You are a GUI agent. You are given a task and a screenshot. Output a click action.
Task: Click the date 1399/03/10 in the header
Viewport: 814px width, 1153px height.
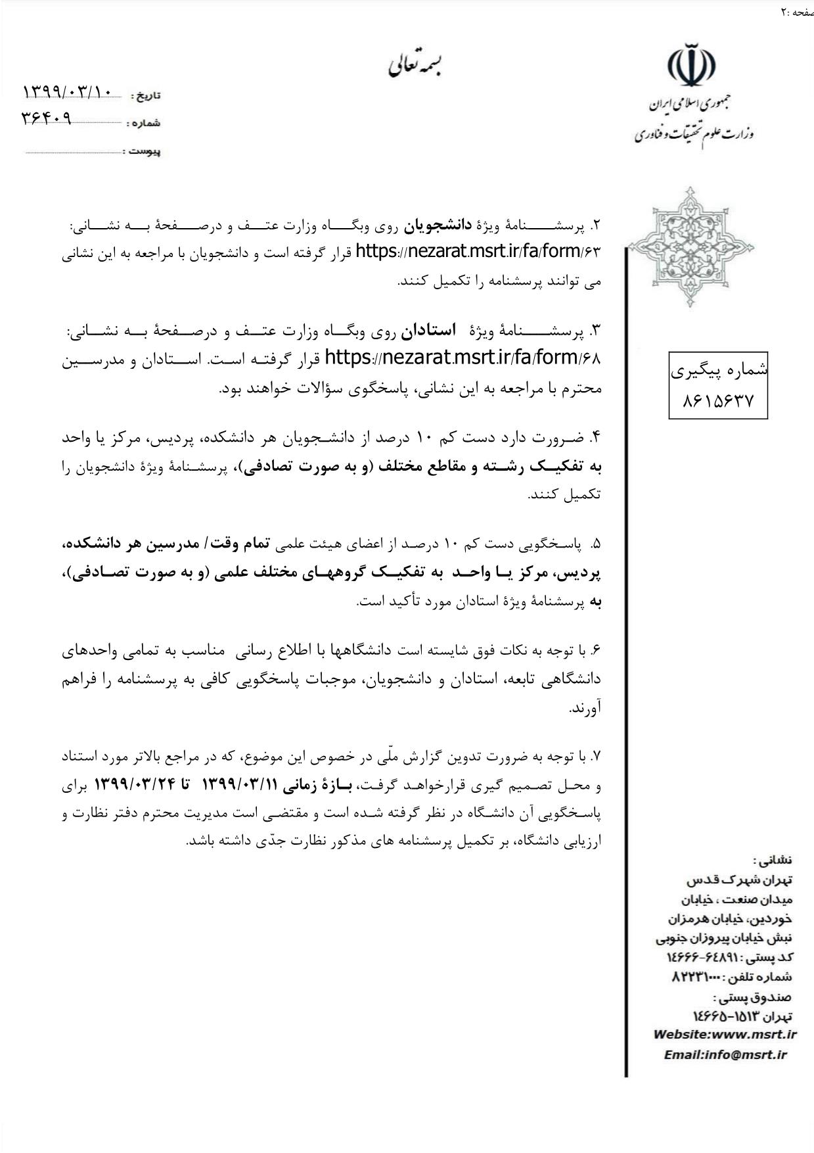[x=68, y=92]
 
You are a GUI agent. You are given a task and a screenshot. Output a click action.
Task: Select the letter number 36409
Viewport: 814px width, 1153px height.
[x=47, y=118]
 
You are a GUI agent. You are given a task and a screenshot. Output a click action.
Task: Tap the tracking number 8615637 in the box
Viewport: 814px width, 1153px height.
[x=718, y=400]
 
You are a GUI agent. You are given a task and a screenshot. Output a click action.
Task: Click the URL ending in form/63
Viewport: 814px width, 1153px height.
[x=478, y=252]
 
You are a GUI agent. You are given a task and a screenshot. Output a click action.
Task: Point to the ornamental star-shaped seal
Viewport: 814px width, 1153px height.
[x=690, y=247]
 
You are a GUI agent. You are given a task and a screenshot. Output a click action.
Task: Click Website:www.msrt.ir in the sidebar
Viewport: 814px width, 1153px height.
[x=725, y=1034]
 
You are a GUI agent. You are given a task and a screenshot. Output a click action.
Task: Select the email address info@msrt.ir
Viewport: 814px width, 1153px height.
[x=725, y=1054]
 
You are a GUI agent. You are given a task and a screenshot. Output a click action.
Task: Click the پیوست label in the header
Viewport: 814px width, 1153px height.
[x=144, y=152]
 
